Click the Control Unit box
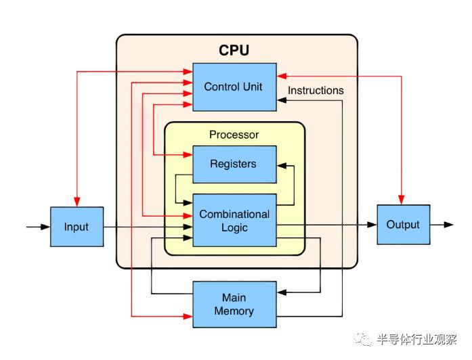click(x=234, y=87)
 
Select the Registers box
click(x=234, y=164)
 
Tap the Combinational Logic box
click(x=234, y=221)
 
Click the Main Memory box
click(x=234, y=305)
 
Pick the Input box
click(x=77, y=227)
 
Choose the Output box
click(x=403, y=225)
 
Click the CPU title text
click(x=234, y=50)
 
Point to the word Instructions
click(x=316, y=90)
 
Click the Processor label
click(x=234, y=135)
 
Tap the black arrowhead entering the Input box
click(x=45, y=227)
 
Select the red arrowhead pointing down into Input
click(x=77, y=202)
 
